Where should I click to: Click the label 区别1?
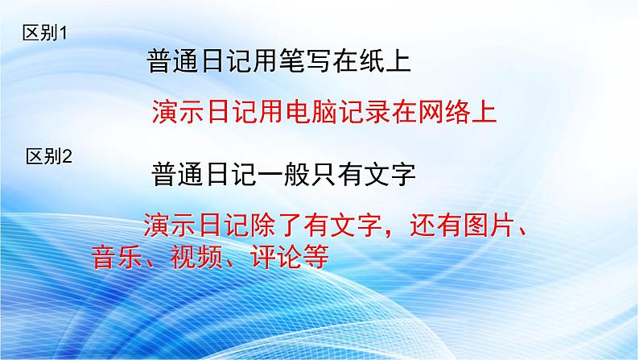(44, 32)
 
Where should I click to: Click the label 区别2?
(49, 156)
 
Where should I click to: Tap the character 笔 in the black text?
(292, 61)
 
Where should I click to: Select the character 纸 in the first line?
(371, 61)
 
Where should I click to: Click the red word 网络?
(443, 112)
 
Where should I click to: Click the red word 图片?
(489, 225)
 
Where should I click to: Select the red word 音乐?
(117, 257)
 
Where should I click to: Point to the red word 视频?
(197, 257)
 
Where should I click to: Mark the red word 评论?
(276, 257)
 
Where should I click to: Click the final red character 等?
(315, 257)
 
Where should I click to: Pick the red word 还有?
(435, 225)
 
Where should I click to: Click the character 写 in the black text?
(318, 61)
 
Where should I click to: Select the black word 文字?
(390, 174)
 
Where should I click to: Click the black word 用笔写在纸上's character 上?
(398, 61)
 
